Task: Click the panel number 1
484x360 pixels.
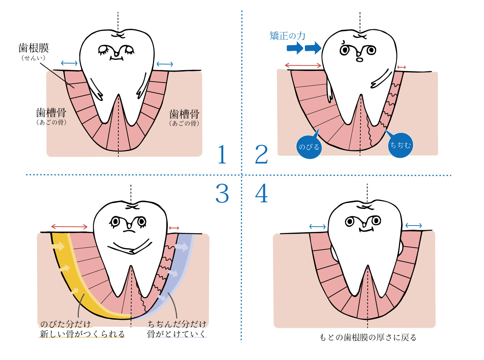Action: coord(222,155)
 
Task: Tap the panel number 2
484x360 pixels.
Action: coord(261,155)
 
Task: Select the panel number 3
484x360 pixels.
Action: coord(222,194)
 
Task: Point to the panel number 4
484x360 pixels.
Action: coord(261,193)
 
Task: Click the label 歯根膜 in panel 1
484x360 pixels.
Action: coord(34,48)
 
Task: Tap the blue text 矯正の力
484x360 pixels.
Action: coord(287,36)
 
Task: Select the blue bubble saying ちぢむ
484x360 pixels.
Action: coord(400,145)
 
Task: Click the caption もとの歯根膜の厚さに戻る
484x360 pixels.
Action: coord(368,337)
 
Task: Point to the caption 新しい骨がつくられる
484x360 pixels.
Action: coord(82,334)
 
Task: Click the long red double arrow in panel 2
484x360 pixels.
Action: coord(303,65)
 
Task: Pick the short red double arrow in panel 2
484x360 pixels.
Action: coord(401,67)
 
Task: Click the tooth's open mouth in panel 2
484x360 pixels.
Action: coord(360,60)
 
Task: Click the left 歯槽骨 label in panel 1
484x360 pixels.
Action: coord(51,113)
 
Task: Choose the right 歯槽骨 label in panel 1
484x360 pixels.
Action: coord(184,114)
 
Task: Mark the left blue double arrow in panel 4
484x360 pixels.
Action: coord(317,227)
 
